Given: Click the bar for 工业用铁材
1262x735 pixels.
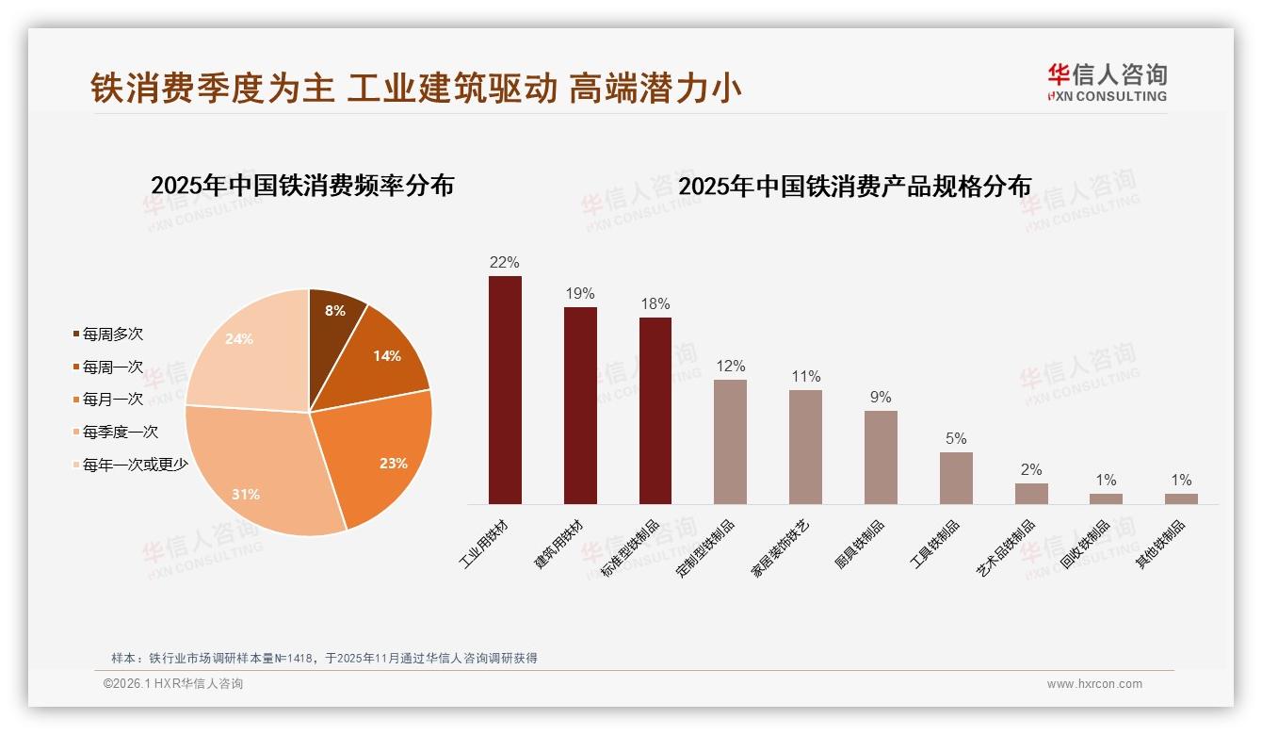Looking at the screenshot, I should (505, 390).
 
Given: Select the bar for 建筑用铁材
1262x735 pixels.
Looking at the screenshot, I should (580, 405).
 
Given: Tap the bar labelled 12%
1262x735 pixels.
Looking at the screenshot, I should (730, 442).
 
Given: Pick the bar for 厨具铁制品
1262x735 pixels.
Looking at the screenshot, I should (881, 457).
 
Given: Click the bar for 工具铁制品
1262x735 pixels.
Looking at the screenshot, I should (956, 478).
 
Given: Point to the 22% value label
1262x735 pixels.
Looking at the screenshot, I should (504, 263).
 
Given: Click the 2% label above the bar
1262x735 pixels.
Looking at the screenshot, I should (1031, 470).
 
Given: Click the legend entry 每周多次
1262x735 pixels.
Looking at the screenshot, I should (112, 335).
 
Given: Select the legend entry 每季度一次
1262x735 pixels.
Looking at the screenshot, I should (120, 433).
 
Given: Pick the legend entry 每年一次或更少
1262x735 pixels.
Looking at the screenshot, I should (135, 465).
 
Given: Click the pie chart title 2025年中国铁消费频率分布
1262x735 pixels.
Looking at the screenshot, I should (302, 186).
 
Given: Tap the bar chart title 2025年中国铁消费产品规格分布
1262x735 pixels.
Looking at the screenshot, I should (854, 186).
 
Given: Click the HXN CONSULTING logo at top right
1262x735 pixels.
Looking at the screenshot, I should (1107, 83).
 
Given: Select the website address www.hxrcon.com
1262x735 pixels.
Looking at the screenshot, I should (1094, 684).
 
